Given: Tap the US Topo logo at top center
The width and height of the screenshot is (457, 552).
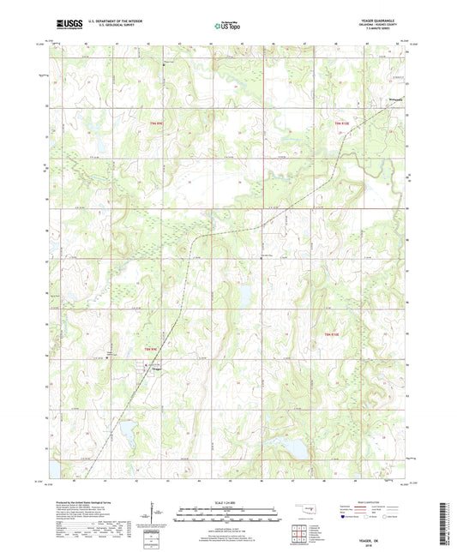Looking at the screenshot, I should (227, 27).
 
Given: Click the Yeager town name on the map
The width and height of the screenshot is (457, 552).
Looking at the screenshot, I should (157, 370).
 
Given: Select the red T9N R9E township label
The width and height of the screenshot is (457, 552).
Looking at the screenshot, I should (156, 124).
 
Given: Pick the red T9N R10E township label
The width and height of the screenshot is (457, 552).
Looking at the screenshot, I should (340, 124).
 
